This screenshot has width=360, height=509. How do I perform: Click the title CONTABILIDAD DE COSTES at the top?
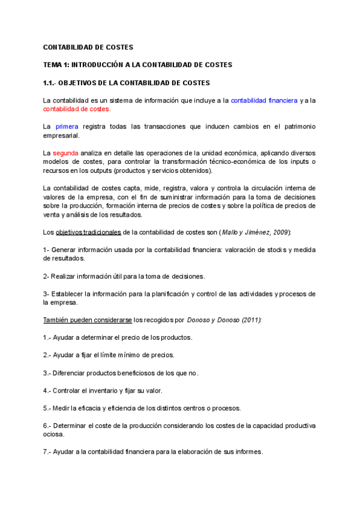coord(88,47)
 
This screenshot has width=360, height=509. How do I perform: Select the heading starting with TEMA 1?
coord(137,64)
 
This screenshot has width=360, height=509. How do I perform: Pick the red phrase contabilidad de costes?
coord(76,109)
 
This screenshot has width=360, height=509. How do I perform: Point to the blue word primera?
coord(67,127)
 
